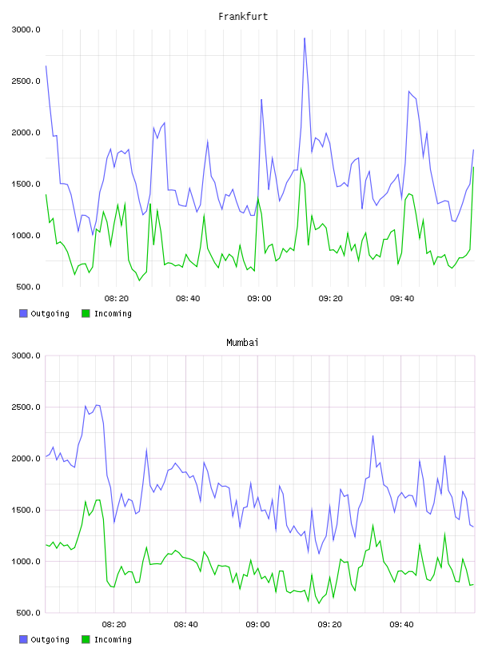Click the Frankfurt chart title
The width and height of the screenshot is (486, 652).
243,17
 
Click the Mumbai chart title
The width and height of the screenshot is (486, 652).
242,343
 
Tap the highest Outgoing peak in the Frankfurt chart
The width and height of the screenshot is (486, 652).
305,38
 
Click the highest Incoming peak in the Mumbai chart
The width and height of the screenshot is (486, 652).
99,500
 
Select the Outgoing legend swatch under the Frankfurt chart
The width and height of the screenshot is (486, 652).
23,313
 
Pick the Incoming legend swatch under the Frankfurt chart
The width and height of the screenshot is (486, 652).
86,313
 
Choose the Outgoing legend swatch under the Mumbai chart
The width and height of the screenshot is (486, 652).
23,639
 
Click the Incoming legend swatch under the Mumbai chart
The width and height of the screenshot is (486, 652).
86,639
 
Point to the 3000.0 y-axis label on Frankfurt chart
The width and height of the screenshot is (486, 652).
26,30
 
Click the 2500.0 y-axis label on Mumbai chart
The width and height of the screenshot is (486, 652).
26,407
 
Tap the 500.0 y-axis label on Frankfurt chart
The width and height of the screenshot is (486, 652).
28,287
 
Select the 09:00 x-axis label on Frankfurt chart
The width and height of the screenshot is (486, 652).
259,299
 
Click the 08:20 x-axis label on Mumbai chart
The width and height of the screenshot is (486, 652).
114,625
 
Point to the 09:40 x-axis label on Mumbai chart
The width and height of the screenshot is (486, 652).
401,625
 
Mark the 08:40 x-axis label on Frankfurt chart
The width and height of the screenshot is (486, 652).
188,299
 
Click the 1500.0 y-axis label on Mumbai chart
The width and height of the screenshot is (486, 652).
26,511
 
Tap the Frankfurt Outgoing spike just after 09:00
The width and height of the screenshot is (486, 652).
261,100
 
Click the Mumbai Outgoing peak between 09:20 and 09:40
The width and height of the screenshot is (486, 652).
372,435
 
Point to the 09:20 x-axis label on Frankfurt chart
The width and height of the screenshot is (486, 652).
331,299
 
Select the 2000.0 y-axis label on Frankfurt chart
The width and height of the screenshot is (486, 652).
26,133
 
